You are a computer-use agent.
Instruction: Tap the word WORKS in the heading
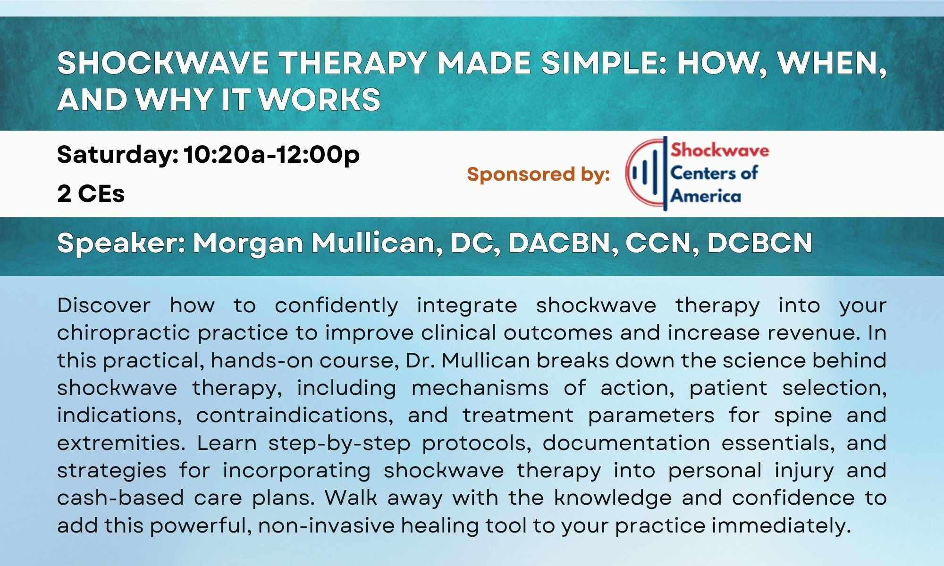[319, 100]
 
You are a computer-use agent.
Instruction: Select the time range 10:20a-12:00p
[271, 155]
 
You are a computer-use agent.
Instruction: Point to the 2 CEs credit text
[91, 193]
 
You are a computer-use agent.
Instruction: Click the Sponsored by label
[539, 175]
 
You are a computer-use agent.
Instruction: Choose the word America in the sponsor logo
[706, 195]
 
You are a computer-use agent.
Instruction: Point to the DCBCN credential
[759, 243]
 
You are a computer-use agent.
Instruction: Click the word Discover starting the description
[104, 305]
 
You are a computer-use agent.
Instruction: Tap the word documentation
[626, 443]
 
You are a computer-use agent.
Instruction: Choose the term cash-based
[120, 498]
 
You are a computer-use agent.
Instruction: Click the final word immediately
[781, 526]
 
